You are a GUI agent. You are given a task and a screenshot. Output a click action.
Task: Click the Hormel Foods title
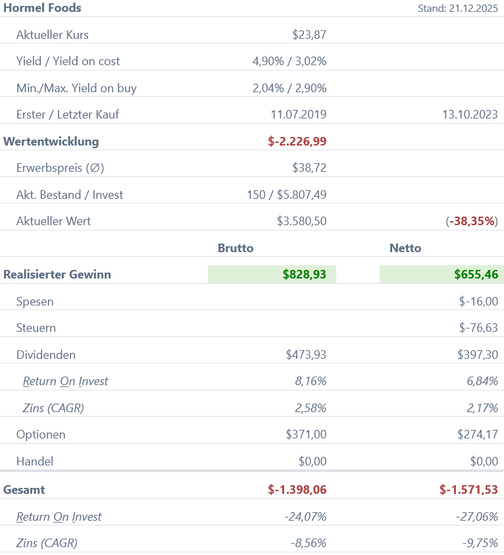click(43, 8)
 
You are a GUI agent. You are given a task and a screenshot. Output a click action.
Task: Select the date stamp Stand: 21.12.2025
click(458, 9)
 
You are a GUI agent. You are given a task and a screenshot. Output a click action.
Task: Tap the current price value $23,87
click(309, 35)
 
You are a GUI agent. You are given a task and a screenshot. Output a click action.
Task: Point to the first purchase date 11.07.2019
click(299, 115)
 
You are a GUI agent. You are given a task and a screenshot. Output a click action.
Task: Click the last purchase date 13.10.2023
click(470, 115)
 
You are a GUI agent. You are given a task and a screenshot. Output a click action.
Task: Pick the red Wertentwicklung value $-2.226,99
click(297, 141)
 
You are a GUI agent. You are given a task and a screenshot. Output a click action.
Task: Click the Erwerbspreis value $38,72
click(309, 168)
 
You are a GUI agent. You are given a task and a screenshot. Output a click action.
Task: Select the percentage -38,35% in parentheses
click(472, 221)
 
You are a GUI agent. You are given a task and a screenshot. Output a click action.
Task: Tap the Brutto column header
click(236, 248)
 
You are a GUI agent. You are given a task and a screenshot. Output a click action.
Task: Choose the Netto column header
click(405, 248)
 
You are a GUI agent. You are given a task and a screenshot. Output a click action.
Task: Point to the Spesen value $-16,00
click(478, 302)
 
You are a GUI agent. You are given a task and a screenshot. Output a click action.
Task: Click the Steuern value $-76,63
click(478, 328)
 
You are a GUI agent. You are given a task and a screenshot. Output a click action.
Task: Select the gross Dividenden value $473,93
click(306, 355)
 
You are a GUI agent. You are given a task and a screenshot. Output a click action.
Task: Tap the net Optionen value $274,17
click(478, 435)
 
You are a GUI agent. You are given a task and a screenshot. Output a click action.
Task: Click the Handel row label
click(35, 462)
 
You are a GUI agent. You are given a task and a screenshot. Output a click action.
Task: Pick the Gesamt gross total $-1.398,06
click(297, 490)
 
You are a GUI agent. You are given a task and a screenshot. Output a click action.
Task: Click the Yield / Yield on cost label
click(68, 61)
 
